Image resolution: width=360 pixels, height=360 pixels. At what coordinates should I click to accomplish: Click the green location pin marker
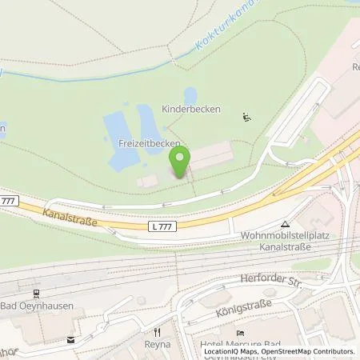tap(180, 162)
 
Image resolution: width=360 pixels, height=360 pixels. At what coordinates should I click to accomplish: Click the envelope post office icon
tap(71, 338)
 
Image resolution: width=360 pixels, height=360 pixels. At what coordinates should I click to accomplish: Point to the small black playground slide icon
tap(247, 118)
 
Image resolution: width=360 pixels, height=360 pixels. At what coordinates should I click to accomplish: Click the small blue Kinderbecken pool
tap(191, 95)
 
